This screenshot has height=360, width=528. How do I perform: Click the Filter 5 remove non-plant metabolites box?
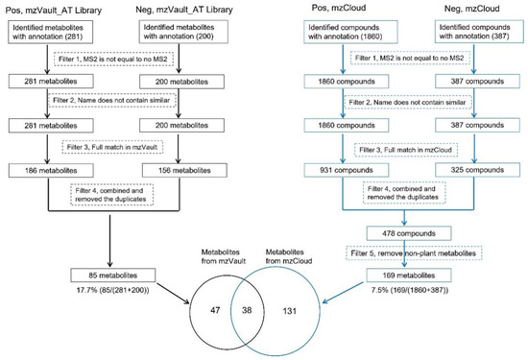(x=415, y=254)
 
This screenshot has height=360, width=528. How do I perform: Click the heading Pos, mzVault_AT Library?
(x=53, y=11)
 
